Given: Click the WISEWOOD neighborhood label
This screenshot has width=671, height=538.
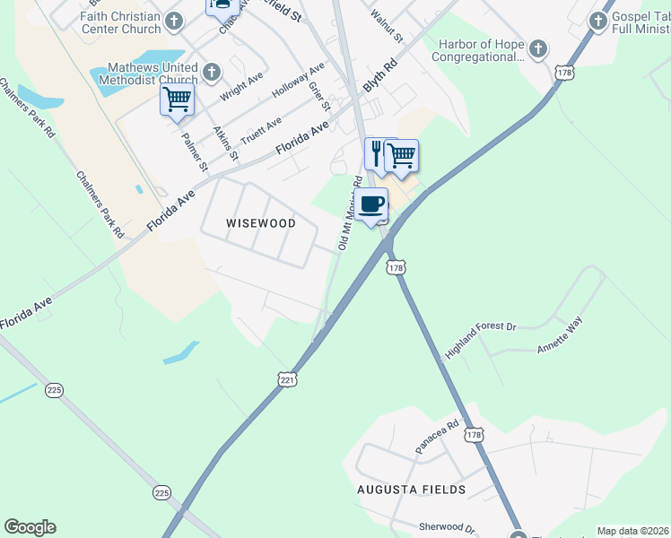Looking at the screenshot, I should pos(260,222).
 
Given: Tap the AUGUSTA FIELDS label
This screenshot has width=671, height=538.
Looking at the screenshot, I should pos(411,490).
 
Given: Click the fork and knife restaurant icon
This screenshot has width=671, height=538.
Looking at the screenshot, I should pos(379,154).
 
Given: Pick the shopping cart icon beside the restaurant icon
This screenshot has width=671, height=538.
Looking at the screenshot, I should pos(402,156).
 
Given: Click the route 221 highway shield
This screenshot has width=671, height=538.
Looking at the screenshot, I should pos(286,380).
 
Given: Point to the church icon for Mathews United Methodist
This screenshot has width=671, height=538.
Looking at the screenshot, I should pos(212,71).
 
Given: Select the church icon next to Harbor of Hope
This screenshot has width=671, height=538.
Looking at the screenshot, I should pos(537,48).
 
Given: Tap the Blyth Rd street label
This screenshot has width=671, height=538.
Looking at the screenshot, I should pos(379,76).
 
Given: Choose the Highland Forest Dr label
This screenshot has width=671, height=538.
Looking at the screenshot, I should pos(481,339).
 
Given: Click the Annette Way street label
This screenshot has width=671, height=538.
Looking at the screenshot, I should pos(560,334).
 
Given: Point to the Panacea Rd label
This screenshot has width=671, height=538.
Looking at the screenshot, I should pos(437,436).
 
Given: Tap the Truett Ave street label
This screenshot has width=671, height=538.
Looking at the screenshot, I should pos(261,129).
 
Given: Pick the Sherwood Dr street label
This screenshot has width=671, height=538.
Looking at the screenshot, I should pos(446,527).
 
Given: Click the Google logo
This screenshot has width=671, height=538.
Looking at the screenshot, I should pos(30,527).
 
